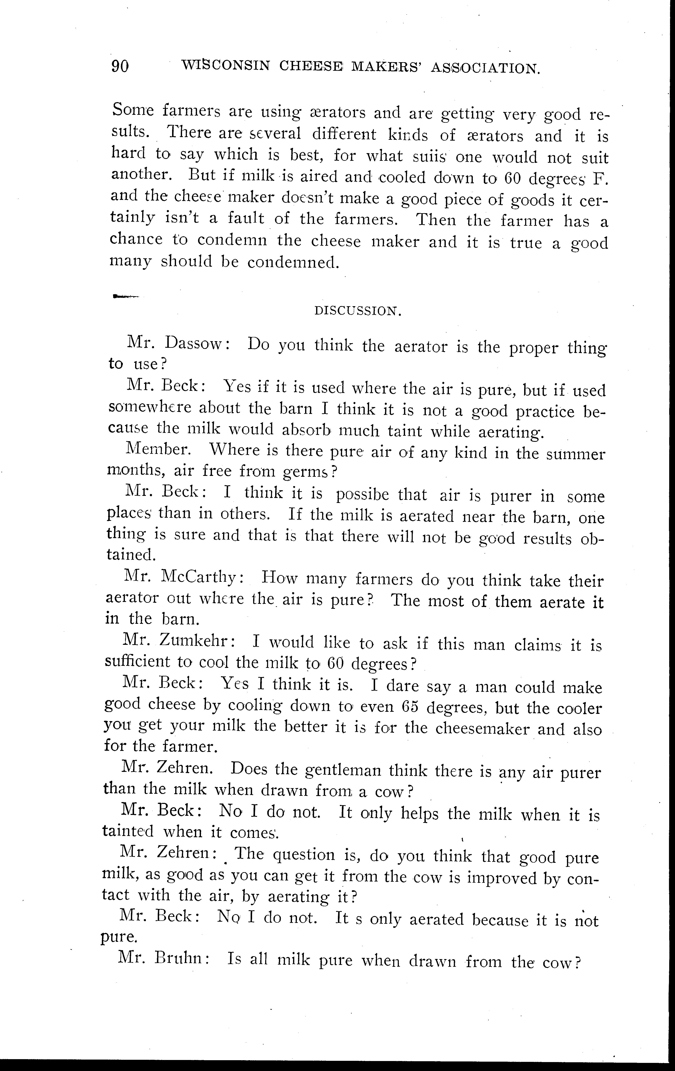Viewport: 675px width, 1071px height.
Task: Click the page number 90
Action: tap(120, 66)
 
